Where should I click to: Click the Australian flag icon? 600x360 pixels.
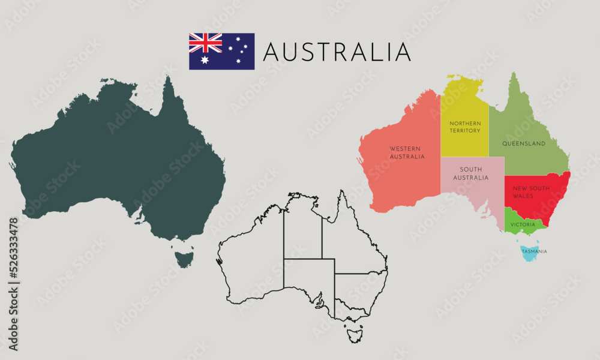point(221,51)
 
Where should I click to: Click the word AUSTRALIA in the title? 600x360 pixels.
point(337,52)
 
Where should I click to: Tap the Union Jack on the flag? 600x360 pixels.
point(205,43)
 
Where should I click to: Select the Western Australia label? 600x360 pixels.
point(407,152)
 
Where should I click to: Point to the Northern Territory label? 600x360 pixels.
point(465,127)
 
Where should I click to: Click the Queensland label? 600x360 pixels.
point(524,144)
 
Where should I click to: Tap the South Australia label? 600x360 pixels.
point(471,173)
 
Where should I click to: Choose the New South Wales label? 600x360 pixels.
point(531,192)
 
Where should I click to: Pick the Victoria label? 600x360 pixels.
point(522,224)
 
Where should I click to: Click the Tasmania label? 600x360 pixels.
point(534,252)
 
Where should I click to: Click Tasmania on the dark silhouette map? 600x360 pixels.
point(184,259)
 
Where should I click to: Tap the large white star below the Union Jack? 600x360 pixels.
point(205,61)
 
